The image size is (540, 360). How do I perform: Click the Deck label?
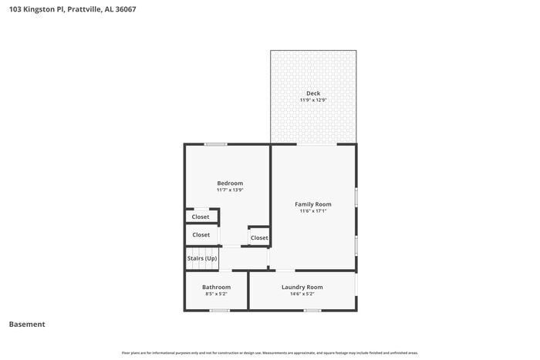(x=313, y=93)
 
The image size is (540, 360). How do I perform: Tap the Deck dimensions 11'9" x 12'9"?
(x=313, y=100)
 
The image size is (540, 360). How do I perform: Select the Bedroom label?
(x=230, y=183)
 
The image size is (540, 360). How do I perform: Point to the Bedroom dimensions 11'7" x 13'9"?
(x=230, y=190)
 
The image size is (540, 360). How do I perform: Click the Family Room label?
(x=313, y=204)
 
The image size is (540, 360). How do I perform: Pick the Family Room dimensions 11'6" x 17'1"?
(x=313, y=211)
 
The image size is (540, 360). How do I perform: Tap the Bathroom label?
(x=216, y=287)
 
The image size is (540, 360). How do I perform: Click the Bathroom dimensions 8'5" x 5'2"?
(x=216, y=294)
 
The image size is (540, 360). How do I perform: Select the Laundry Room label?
(x=302, y=287)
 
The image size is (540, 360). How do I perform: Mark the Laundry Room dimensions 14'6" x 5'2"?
(x=302, y=294)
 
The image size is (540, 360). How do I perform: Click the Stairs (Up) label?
(x=201, y=258)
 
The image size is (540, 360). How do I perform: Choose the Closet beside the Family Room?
(x=259, y=237)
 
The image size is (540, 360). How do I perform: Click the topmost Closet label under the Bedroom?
(x=201, y=217)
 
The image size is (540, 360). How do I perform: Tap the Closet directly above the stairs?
(x=201, y=234)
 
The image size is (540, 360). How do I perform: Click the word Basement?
(x=27, y=325)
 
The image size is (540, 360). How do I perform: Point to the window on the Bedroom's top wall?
(x=215, y=144)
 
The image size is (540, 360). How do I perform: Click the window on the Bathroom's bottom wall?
(x=220, y=310)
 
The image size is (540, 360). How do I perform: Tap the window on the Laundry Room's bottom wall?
(x=312, y=310)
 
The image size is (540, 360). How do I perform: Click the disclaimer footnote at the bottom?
(x=269, y=353)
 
